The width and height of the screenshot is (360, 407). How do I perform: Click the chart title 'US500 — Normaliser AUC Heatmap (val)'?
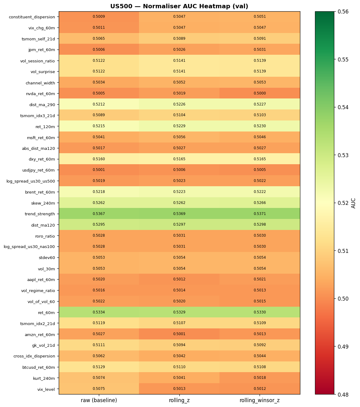(x=179, y=6)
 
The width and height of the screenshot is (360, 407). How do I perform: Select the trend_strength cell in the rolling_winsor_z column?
(x=260, y=214)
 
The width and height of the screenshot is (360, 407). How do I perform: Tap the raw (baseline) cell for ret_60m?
(x=99, y=312)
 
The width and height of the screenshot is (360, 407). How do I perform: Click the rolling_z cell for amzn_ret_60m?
(x=179, y=334)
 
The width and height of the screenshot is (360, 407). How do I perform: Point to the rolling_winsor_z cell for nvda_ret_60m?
(x=260, y=93)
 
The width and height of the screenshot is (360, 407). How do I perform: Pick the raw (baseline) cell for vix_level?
(x=99, y=389)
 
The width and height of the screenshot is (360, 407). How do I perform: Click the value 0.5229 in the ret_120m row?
(x=179, y=126)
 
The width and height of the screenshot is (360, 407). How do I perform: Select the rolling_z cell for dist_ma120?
(x=179, y=225)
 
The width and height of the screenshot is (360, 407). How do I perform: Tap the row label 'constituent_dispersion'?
(x=32, y=17)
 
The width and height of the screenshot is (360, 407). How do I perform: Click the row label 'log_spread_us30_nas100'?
(x=29, y=246)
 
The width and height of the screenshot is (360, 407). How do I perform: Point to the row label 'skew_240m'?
(x=43, y=203)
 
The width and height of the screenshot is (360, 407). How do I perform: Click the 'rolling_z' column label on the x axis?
(x=179, y=400)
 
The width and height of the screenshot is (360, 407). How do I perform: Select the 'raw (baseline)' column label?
(x=99, y=400)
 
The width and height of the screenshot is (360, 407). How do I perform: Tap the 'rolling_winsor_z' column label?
(x=260, y=400)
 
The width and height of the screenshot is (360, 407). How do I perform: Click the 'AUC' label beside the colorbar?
(x=354, y=203)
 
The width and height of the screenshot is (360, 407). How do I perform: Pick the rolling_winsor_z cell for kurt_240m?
(x=260, y=378)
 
